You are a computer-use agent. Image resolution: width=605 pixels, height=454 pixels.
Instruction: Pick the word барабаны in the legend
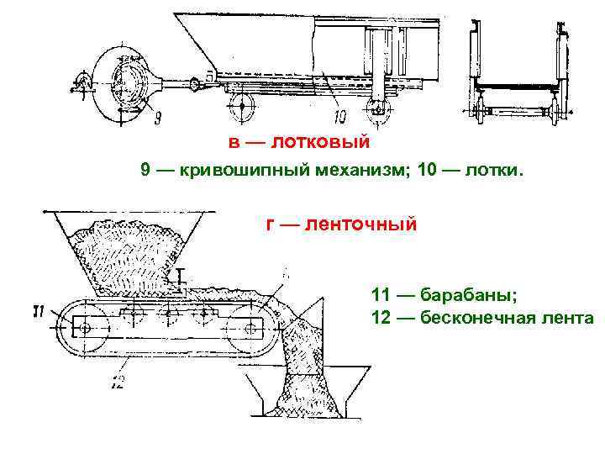471,296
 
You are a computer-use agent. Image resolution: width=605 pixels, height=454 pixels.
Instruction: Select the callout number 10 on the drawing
339,115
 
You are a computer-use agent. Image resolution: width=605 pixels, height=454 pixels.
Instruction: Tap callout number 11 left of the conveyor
39,312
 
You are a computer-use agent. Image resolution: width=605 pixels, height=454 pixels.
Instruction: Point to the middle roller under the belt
168,316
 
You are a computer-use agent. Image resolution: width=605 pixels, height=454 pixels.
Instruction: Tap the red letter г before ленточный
270,226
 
